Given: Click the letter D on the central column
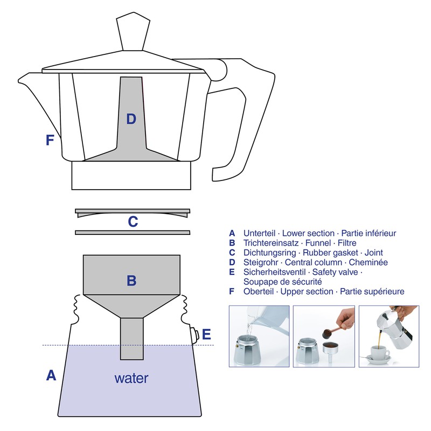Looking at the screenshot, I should click(x=131, y=119).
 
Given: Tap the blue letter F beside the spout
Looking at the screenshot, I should click(x=50, y=140).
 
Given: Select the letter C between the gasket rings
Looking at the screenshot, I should click(x=133, y=221).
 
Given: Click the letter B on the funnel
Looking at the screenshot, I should click(x=131, y=280).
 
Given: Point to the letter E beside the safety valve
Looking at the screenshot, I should click(x=206, y=335).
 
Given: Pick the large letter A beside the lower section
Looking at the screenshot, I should click(x=51, y=375).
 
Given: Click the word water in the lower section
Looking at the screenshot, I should click(x=131, y=378).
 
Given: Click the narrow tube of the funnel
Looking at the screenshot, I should click(x=131, y=338).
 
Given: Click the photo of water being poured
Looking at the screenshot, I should click(x=258, y=337).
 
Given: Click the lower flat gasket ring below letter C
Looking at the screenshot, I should click(x=133, y=233).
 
